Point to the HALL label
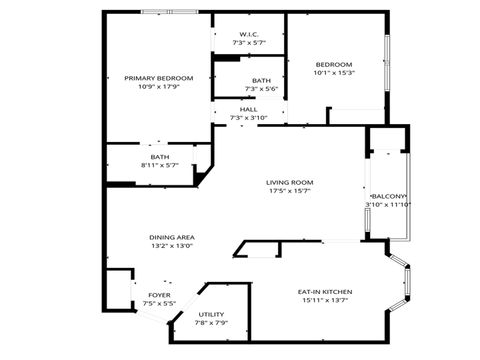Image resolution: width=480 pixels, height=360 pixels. (249, 110)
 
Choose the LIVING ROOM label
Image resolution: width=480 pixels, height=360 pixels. (290, 182)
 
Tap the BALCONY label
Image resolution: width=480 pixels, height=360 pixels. (390, 196)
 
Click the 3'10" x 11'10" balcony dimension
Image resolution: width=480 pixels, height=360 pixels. (390, 205)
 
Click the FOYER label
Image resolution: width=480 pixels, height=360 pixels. (159, 295)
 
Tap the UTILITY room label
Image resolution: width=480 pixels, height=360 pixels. (211, 314)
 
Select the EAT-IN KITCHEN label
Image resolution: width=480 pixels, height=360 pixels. (324, 292)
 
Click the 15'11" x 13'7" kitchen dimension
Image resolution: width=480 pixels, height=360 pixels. (324, 301)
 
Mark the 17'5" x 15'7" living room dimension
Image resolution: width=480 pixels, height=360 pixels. (290, 191)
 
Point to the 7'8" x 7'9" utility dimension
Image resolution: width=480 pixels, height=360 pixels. (211, 323)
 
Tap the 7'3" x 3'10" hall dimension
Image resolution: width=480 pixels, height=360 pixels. (249, 119)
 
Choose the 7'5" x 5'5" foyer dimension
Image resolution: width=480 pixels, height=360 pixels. (159, 304)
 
